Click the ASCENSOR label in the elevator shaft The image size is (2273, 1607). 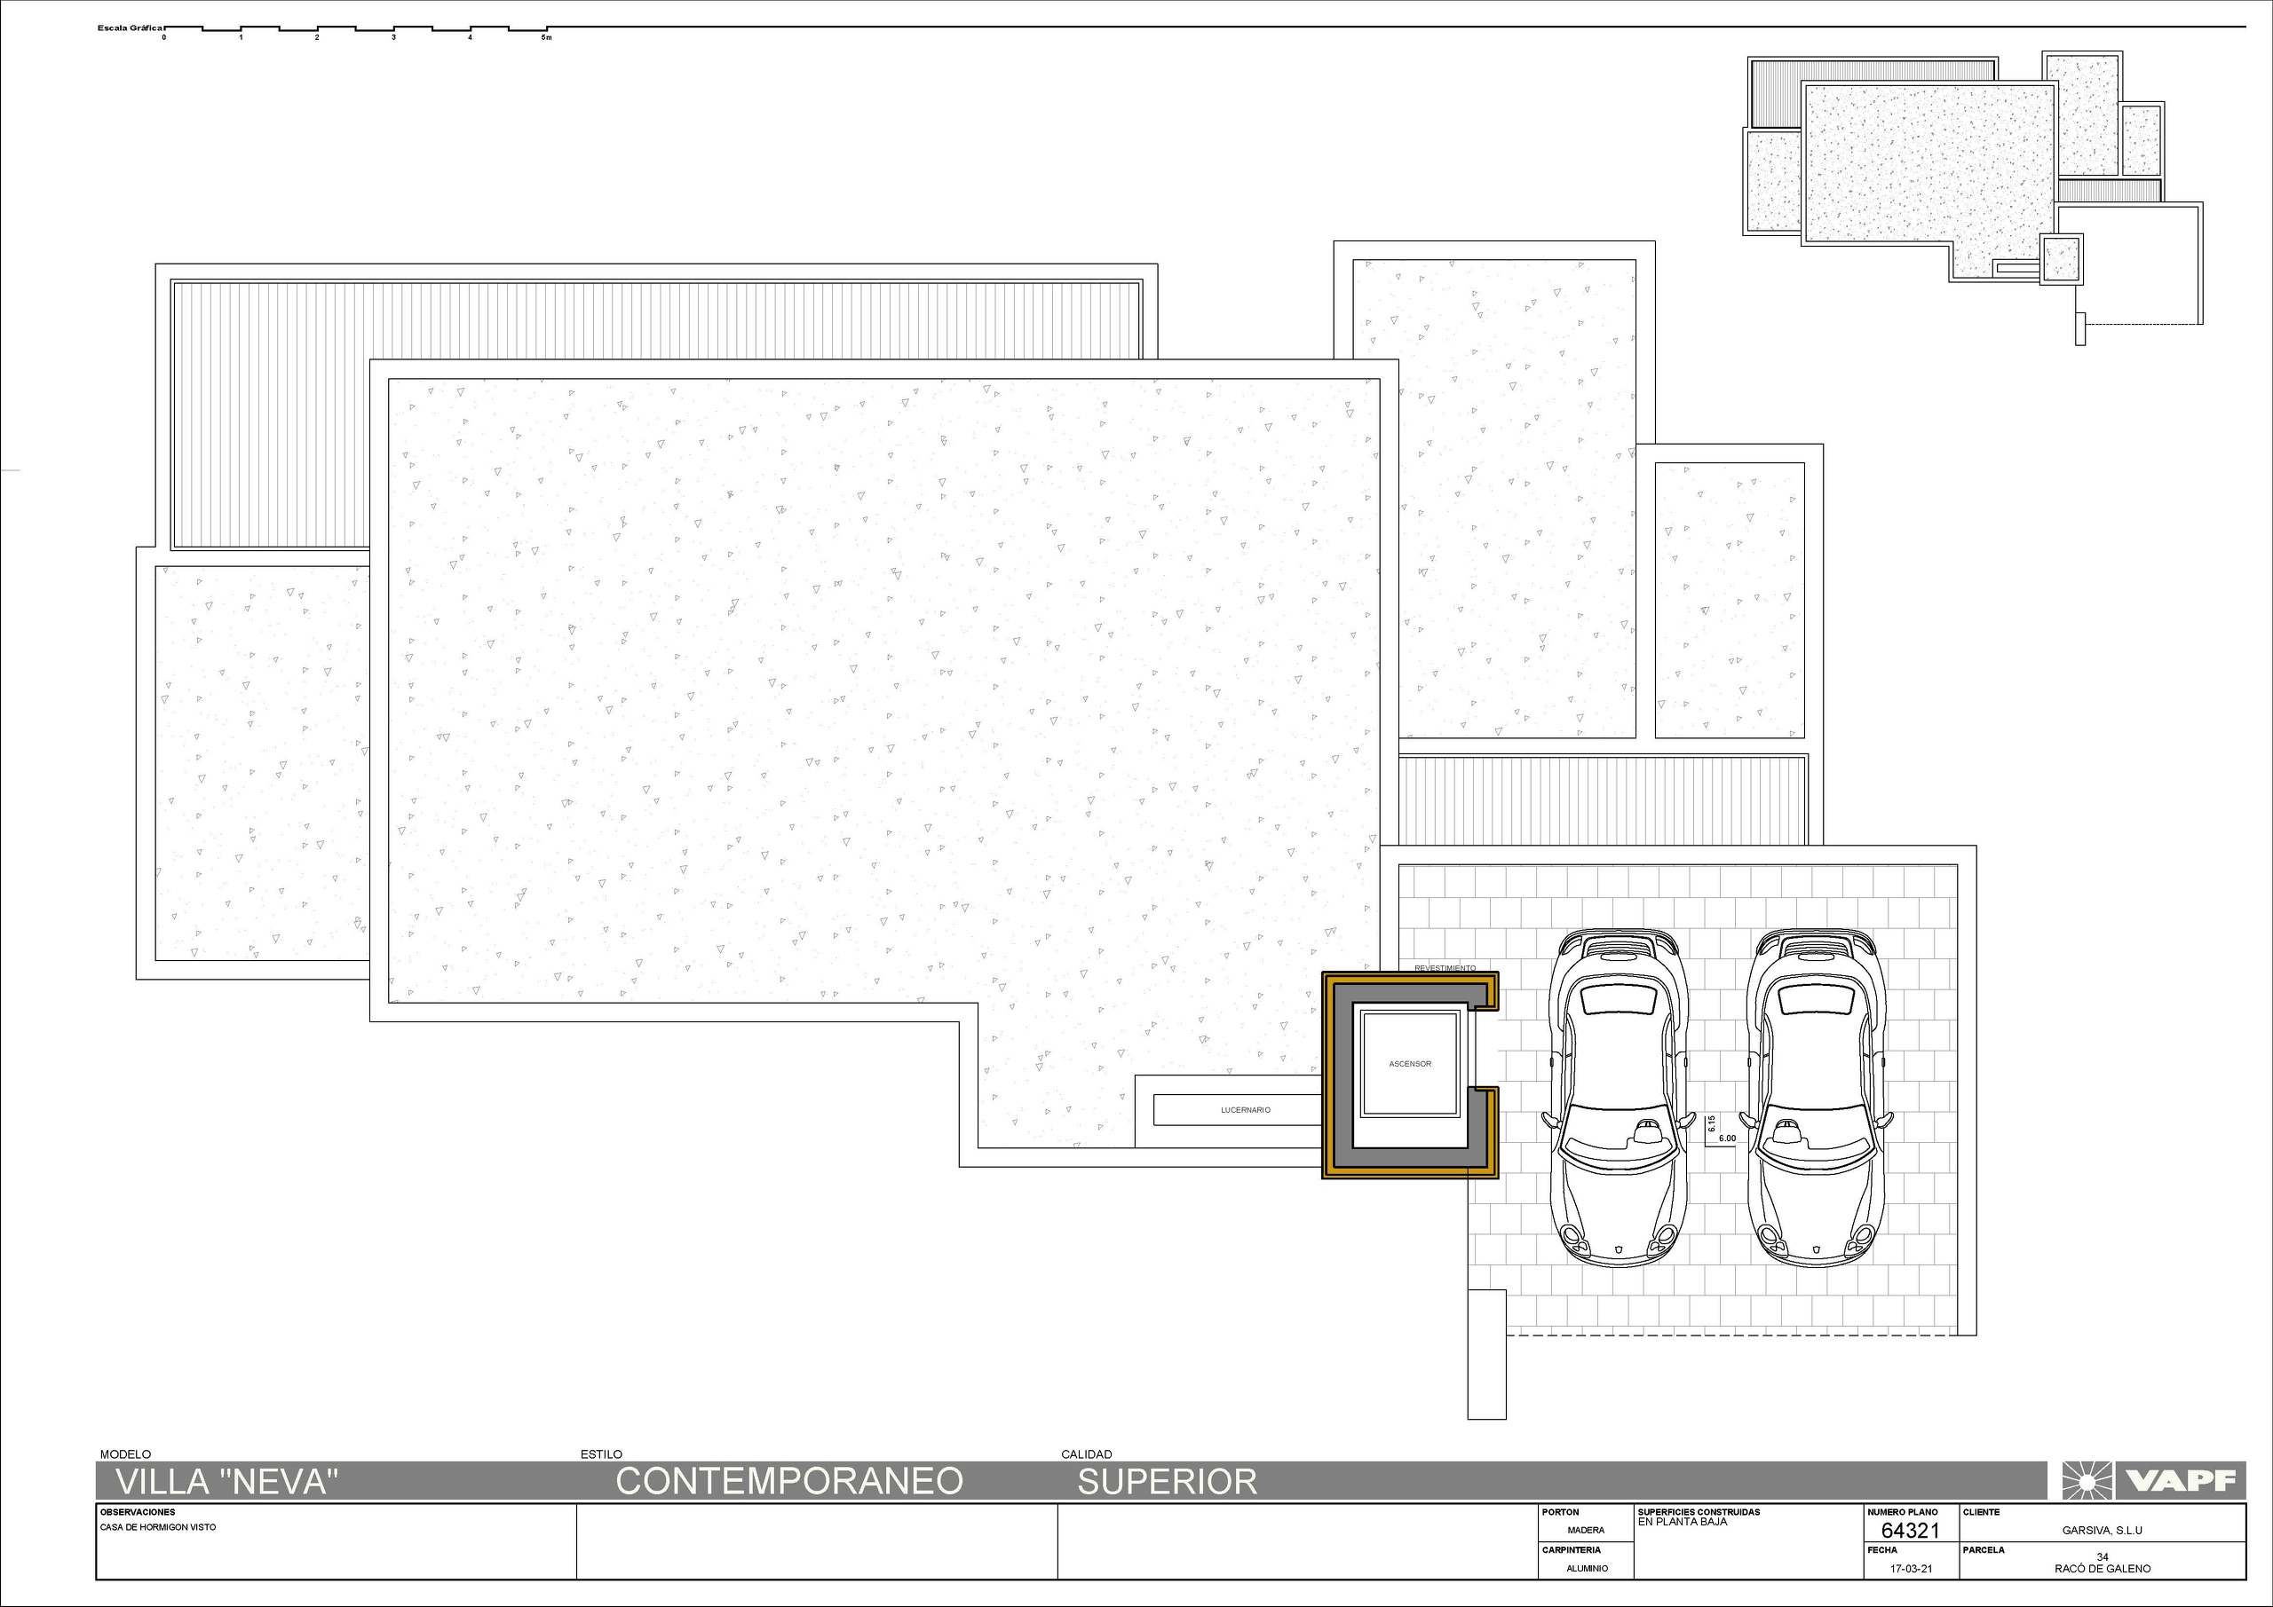[1410, 1064]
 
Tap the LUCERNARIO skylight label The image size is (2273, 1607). [1246, 1110]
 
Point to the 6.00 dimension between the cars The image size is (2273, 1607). [1727, 1139]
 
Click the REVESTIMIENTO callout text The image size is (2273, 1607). [1445, 968]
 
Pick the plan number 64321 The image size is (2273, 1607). [1910, 1530]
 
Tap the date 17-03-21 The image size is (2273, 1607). [1911, 1570]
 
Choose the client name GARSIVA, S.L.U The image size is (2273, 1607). [2102, 1531]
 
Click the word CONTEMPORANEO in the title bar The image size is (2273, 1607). [789, 1481]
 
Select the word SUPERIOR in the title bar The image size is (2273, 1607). [1168, 1481]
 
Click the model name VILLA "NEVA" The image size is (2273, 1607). [227, 1481]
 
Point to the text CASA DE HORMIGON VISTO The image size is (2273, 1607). [157, 1527]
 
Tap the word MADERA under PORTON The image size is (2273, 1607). [1586, 1531]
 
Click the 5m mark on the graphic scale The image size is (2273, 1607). [545, 37]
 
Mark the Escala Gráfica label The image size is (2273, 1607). [130, 28]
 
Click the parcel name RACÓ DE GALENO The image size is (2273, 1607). [2102, 1569]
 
